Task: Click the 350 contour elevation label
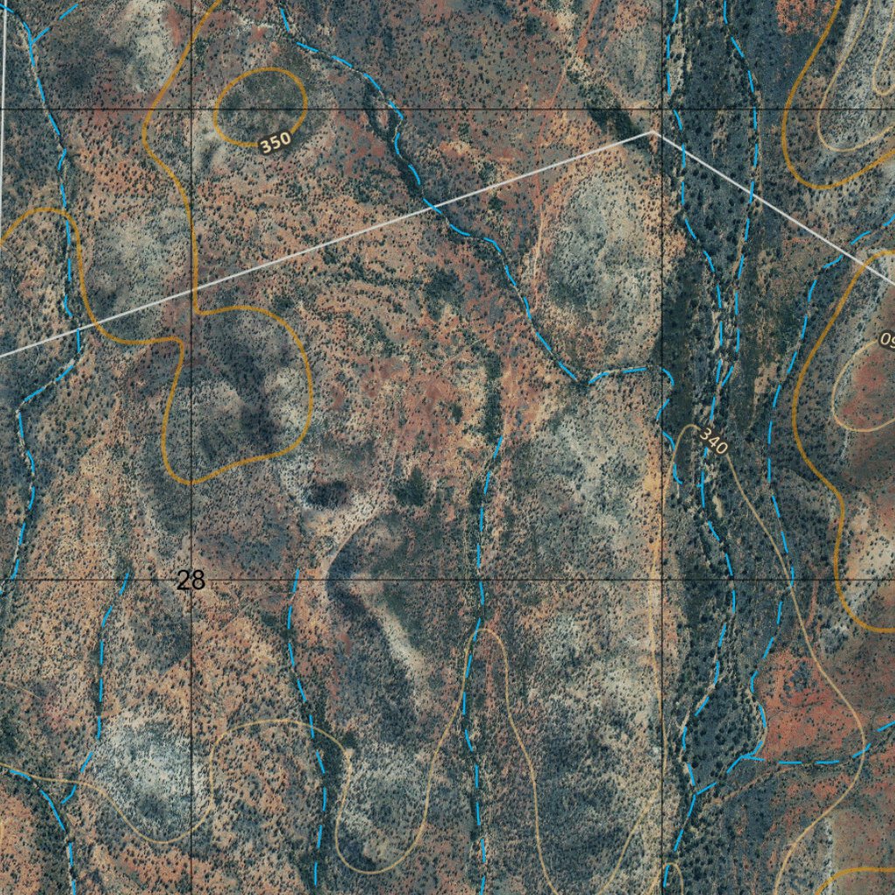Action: [274, 142]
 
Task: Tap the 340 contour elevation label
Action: [713, 444]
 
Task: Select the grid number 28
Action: [190, 579]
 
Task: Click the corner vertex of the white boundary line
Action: [652, 133]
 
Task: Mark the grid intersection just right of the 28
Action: [191, 579]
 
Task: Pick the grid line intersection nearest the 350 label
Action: [191, 109]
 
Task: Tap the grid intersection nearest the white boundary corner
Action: [662, 109]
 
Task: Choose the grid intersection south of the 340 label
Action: [662, 579]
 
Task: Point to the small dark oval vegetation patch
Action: [328, 495]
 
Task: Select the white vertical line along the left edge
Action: [3, 114]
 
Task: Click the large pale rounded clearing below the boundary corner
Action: [594, 262]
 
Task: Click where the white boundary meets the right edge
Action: [892, 282]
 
